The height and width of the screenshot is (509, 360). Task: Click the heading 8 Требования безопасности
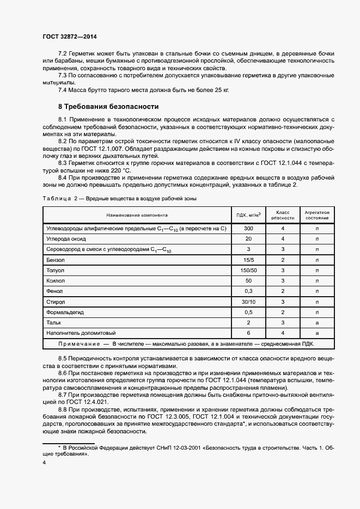coord(108,107)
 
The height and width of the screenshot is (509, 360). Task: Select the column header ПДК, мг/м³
coord(248,214)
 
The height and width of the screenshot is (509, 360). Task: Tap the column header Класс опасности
coord(283,214)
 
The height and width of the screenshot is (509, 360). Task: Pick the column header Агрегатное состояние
coord(316,214)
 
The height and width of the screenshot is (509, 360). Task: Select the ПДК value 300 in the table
coord(248,229)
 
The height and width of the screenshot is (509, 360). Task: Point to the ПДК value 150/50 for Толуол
coord(248,270)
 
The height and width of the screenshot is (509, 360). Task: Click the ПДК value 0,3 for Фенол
coord(248,291)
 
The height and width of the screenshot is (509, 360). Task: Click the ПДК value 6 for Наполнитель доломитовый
coord(248,333)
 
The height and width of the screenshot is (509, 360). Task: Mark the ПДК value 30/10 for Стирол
coord(248,302)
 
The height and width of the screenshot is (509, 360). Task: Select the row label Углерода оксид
coord(67,239)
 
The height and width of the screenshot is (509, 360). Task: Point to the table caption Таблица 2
coord(60,199)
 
